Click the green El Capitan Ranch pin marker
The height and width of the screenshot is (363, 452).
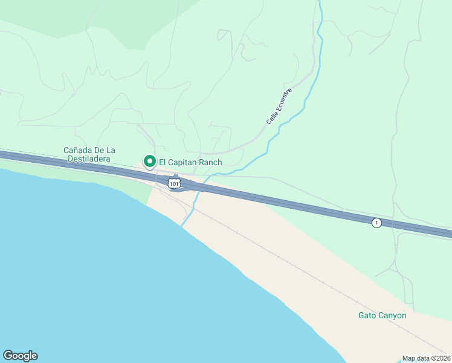click(x=149, y=162)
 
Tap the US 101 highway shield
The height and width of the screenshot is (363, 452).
click(x=174, y=183)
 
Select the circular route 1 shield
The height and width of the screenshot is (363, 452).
click(x=376, y=223)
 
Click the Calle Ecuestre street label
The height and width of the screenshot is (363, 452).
click(x=279, y=106)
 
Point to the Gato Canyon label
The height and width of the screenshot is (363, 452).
click(x=382, y=316)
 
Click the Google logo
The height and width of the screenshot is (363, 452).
click(x=20, y=356)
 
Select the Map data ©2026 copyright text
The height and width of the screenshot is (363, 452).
click(x=426, y=358)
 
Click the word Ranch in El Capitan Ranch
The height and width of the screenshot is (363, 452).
click(x=209, y=163)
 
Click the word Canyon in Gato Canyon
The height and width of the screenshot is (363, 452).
click(x=393, y=316)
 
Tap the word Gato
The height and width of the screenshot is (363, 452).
click(x=367, y=316)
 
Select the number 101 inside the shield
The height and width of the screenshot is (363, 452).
click(x=174, y=183)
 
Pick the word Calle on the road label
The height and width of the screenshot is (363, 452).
click(x=271, y=118)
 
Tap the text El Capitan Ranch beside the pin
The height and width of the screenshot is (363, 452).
click(x=190, y=163)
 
